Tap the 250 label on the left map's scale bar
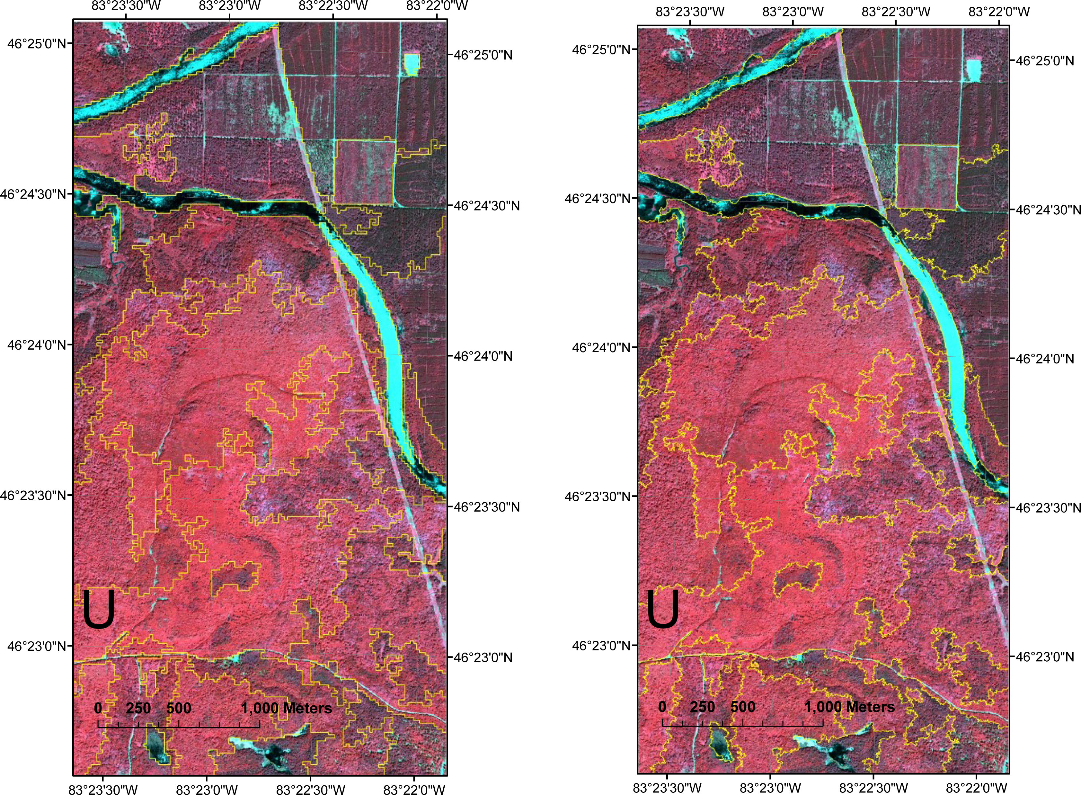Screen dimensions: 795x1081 pos(138,708)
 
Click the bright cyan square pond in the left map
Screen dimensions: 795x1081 pos(412,64)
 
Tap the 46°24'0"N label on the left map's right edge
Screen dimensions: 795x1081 pos(483,356)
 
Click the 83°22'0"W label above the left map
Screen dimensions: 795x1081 pos(437,6)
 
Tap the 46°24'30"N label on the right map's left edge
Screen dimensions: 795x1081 pos(597,198)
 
